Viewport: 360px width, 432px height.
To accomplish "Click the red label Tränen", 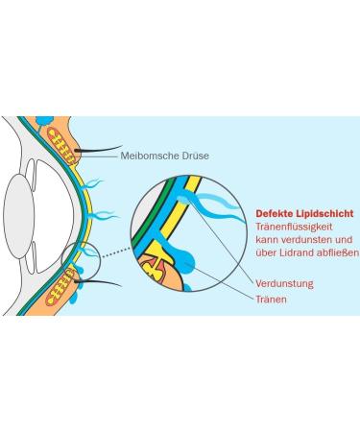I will (x=272, y=300).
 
